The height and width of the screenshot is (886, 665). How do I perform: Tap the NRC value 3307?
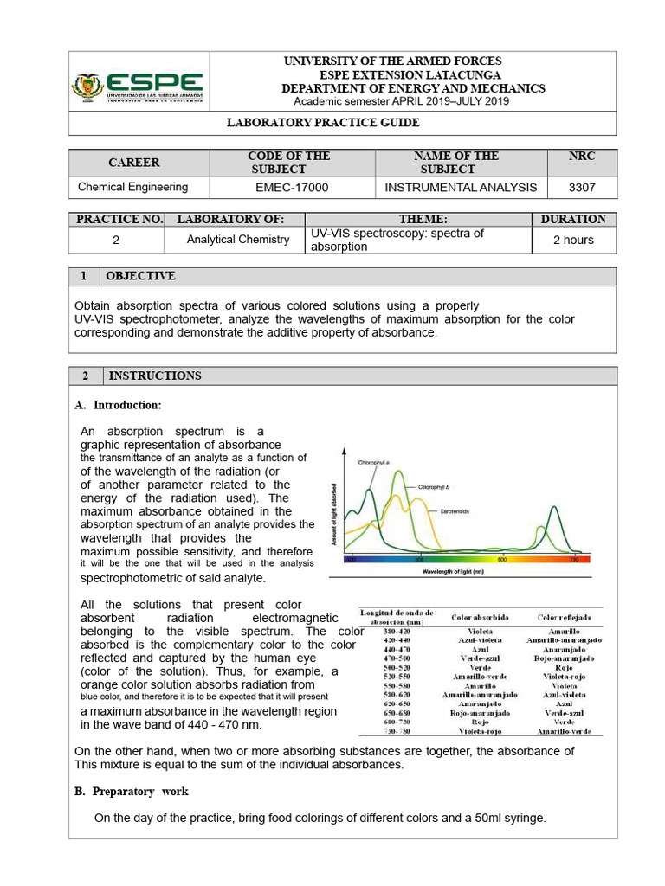click(581, 187)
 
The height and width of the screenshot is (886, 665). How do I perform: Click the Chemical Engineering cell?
click(132, 187)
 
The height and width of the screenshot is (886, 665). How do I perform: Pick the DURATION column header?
click(573, 220)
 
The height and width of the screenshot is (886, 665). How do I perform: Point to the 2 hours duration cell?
click(573, 240)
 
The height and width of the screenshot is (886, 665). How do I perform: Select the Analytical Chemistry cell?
click(238, 240)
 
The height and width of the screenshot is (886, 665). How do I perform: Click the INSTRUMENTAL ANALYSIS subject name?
click(461, 187)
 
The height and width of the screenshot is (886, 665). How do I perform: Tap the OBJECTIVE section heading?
click(140, 276)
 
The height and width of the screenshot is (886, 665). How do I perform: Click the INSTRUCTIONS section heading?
click(153, 376)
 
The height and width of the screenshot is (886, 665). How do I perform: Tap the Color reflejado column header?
click(563, 618)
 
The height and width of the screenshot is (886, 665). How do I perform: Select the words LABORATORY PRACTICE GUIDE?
click(323, 123)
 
